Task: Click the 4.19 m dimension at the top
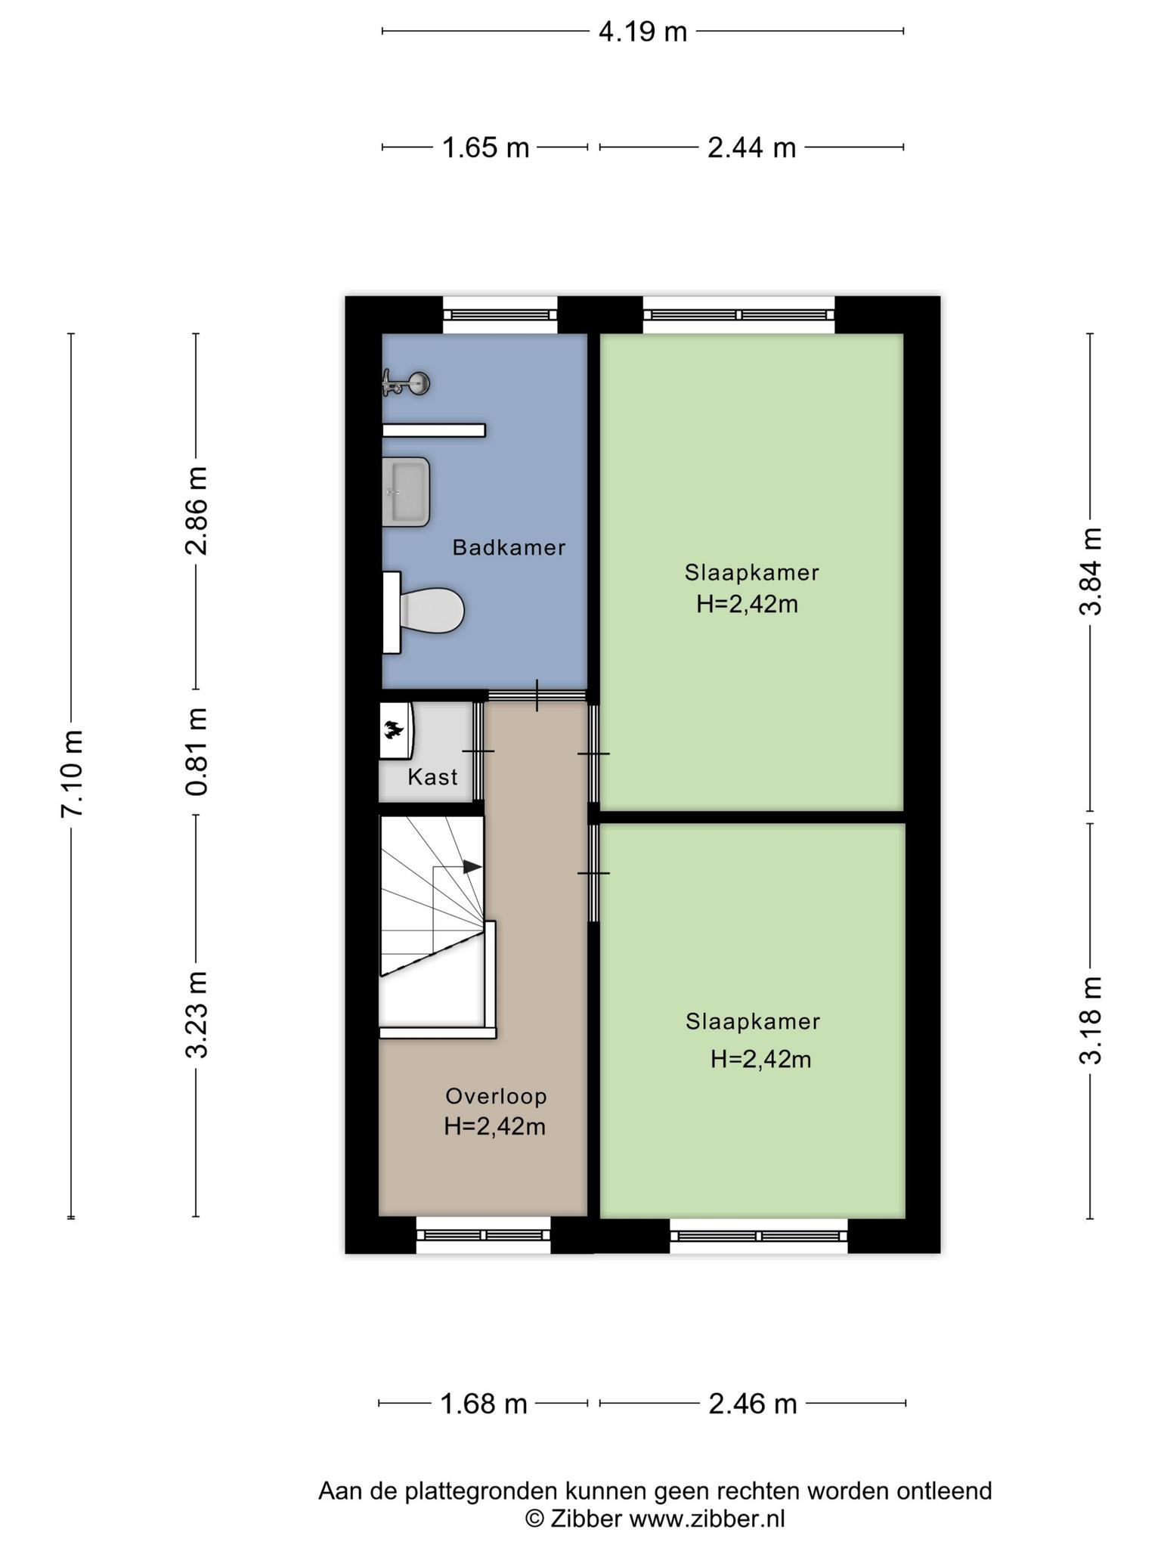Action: pyautogui.click(x=642, y=32)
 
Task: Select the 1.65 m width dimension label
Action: pyautogui.click(x=485, y=147)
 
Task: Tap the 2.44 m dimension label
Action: pyautogui.click(x=751, y=147)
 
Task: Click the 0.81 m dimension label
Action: pyautogui.click(x=197, y=751)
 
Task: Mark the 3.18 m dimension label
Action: pyautogui.click(x=1090, y=1020)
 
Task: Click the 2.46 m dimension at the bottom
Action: pyautogui.click(x=752, y=1404)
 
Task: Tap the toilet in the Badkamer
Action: pyautogui.click(x=427, y=611)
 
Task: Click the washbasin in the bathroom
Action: pyautogui.click(x=407, y=491)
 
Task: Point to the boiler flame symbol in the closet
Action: pyautogui.click(x=393, y=729)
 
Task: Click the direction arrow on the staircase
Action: pyautogui.click(x=472, y=867)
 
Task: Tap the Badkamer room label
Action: pyautogui.click(x=509, y=548)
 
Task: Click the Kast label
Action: pyautogui.click(x=432, y=777)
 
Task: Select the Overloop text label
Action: pyautogui.click(x=496, y=1096)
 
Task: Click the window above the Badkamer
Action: pyautogui.click(x=500, y=314)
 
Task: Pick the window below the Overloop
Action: pyautogui.click(x=484, y=1235)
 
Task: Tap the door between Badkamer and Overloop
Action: pyautogui.click(x=537, y=695)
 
